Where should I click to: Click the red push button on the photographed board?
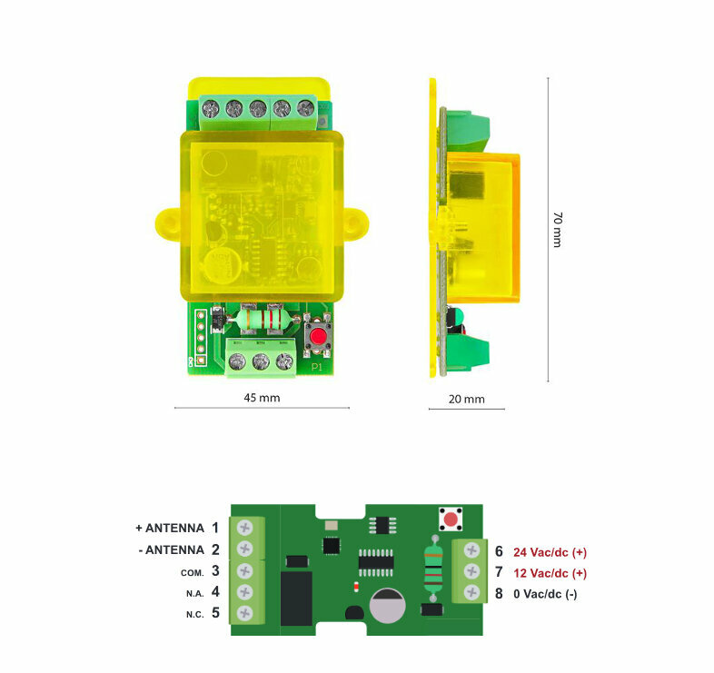tap(318, 337)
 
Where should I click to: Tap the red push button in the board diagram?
tap(451, 520)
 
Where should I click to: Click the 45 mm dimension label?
tap(262, 398)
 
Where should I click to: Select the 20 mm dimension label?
tap(466, 399)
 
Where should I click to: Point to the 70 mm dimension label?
tap(558, 230)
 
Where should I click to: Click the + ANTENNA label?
tap(170, 529)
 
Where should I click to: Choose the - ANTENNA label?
tap(171, 550)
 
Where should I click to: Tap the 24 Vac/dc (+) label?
tap(550, 552)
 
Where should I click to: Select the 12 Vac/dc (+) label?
tap(550, 573)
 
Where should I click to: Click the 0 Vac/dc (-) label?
tap(545, 594)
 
